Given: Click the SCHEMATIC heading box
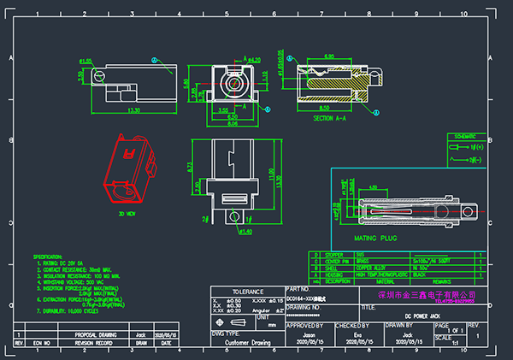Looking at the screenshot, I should pyautogui.click(x=465, y=136).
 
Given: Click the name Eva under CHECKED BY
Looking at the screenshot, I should pyautogui.click(x=357, y=336).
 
